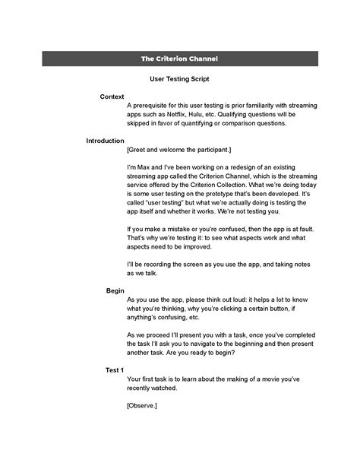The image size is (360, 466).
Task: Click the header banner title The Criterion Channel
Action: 180,59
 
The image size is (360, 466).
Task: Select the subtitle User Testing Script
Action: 180,79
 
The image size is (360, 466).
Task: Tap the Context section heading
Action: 112,97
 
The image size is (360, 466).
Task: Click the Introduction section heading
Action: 105,141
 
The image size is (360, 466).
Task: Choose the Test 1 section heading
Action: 114,369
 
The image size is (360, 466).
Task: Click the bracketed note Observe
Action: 142,405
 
